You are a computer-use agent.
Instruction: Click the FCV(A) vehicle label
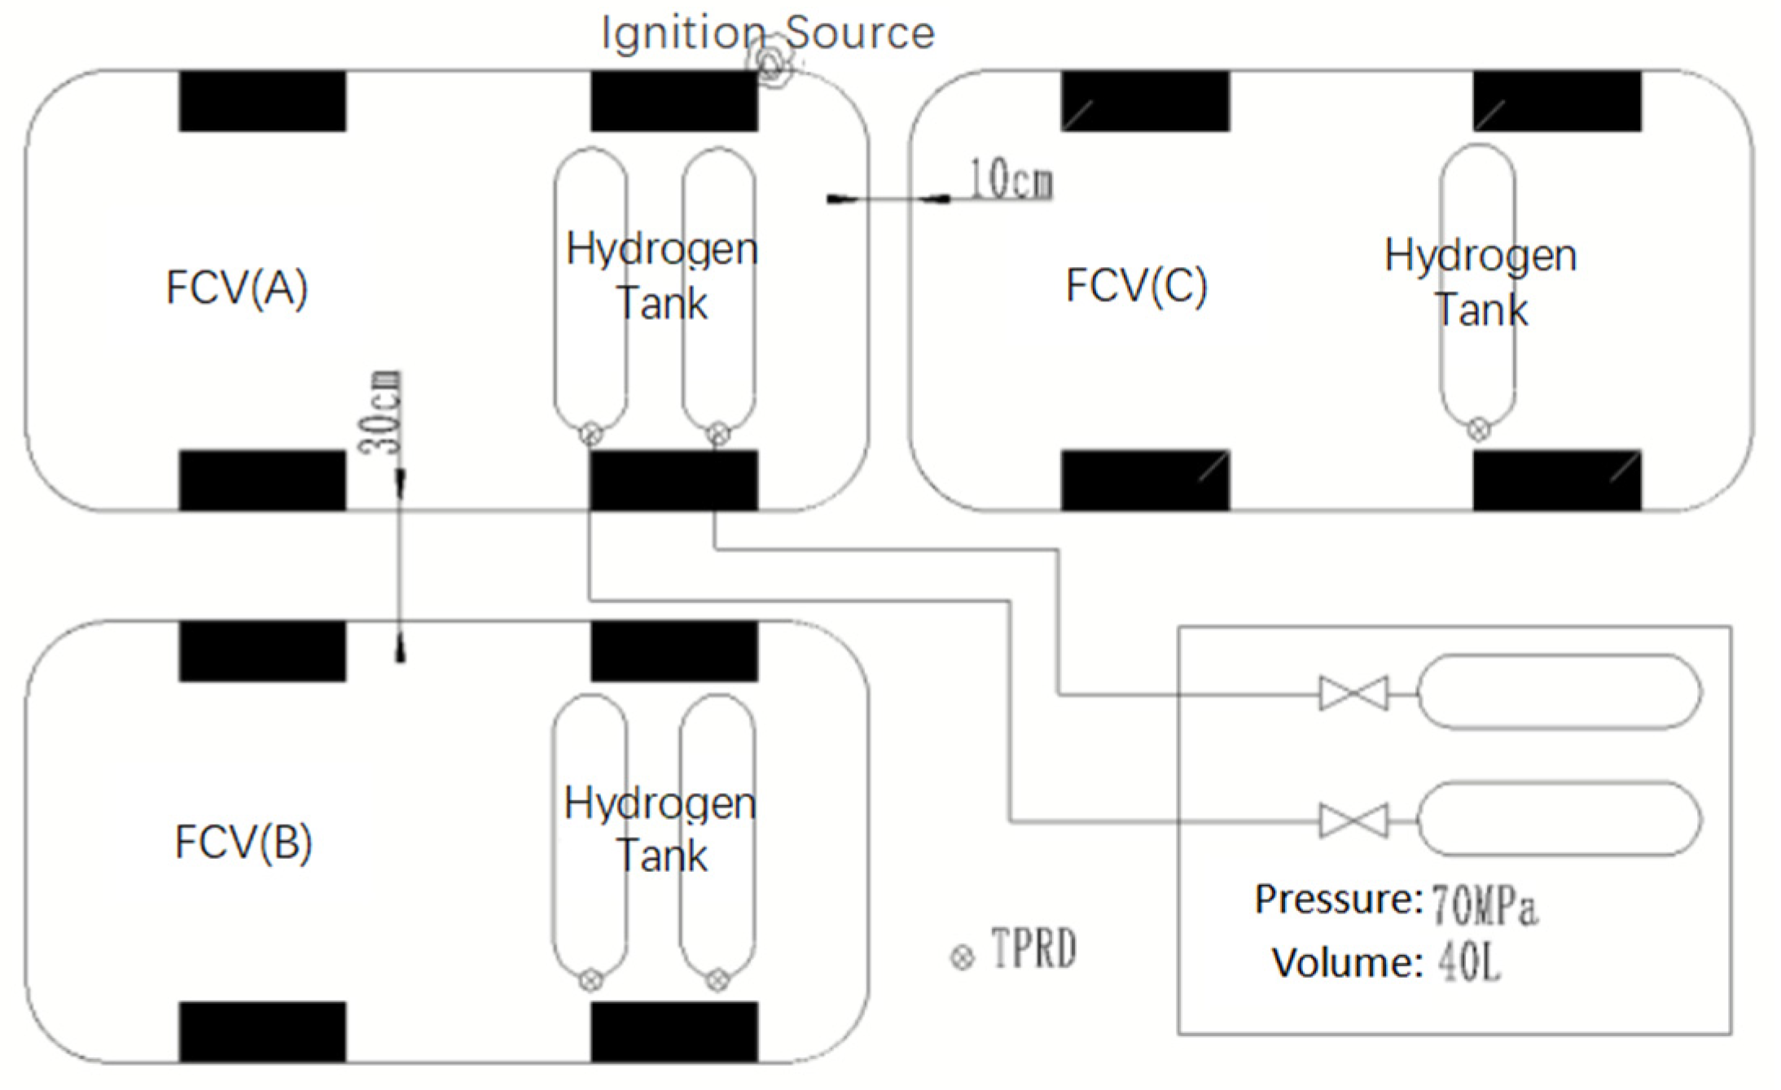[x=237, y=288]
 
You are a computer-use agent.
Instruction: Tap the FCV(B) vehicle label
[x=243, y=843]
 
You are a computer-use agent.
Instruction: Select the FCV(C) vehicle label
[x=1137, y=286]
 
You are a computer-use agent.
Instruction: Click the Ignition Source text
[x=768, y=33]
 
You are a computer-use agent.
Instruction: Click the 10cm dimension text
[x=1011, y=179]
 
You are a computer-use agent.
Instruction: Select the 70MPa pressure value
[x=1484, y=905]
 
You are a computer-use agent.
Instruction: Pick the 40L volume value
[x=1468, y=964]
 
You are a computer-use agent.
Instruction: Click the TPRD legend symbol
[x=963, y=957]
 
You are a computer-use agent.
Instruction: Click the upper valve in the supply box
[x=1353, y=694]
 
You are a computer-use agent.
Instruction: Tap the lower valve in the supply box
[x=1353, y=821]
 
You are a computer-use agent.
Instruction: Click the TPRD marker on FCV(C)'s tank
[x=1479, y=429]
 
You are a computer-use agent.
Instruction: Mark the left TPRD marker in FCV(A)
[x=592, y=435]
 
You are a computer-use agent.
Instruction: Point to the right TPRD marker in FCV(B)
[x=717, y=980]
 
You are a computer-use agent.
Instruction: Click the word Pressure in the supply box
[x=1338, y=900]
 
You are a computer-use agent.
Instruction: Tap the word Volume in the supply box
[x=1347, y=963]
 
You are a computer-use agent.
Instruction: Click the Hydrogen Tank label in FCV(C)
[x=1481, y=282]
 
